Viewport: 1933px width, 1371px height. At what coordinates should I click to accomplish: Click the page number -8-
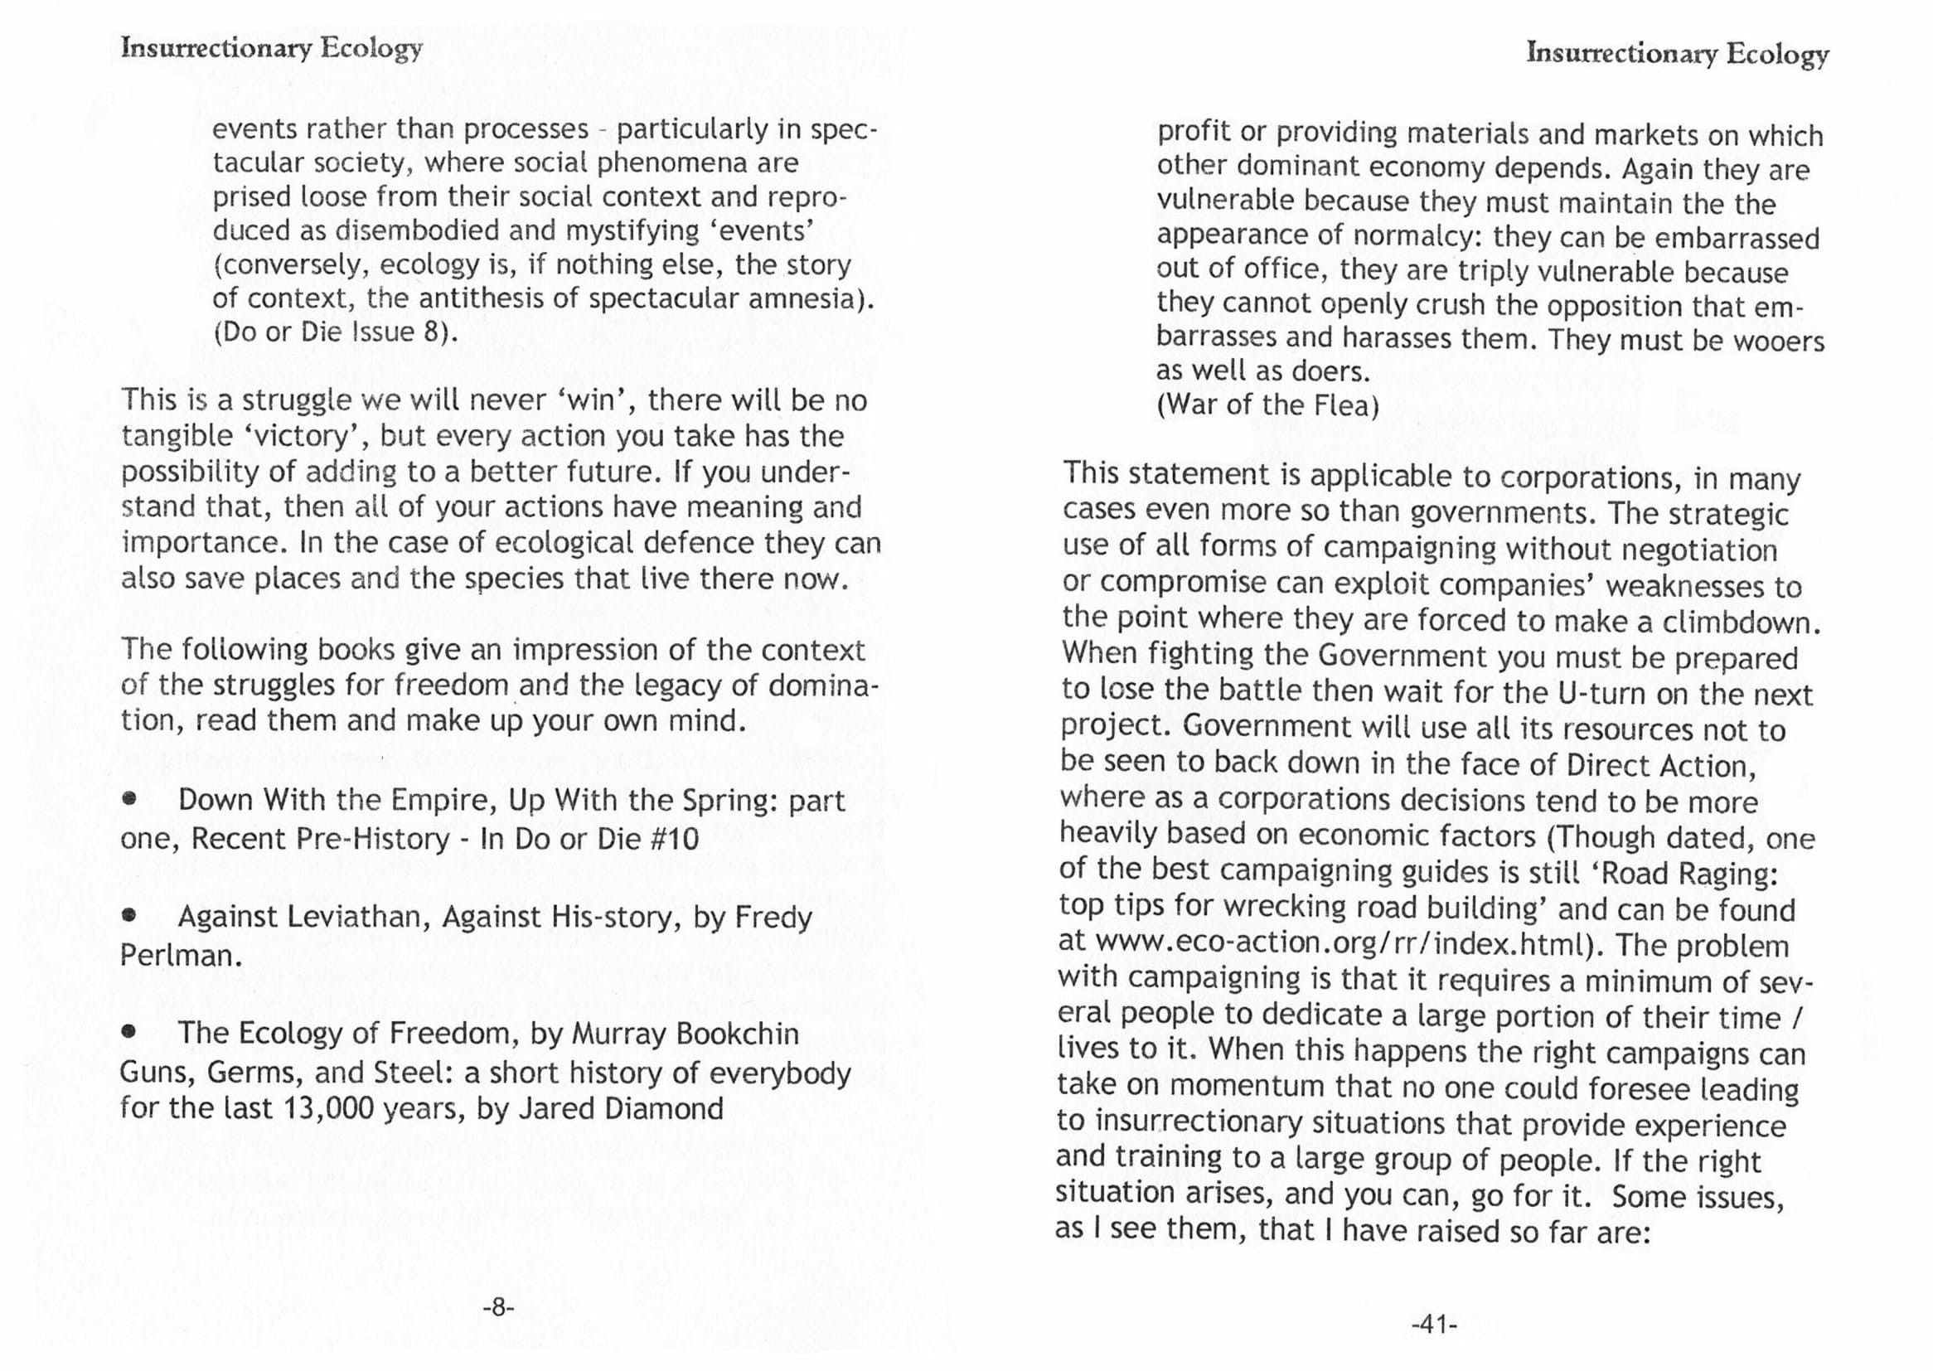pyautogui.click(x=498, y=1308)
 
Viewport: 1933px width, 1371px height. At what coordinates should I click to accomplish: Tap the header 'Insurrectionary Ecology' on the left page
pyautogui.click(x=271, y=48)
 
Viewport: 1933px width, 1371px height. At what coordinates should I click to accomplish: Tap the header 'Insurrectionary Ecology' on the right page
pyautogui.click(x=1677, y=54)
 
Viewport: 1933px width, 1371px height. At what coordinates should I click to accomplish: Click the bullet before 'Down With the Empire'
pyautogui.click(x=129, y=798)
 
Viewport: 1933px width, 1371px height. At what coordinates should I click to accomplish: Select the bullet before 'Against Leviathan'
pyautogui.click(x=129, y=915)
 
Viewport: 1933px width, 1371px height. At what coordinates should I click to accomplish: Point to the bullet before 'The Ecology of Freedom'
pyautogui.click(x=129, y=1031)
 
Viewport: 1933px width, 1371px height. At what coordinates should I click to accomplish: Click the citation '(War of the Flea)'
pyautogui.click(x=1268, y=405)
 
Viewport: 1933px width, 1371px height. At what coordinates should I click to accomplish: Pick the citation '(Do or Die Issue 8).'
pyautogui.click(x=336, y=332)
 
